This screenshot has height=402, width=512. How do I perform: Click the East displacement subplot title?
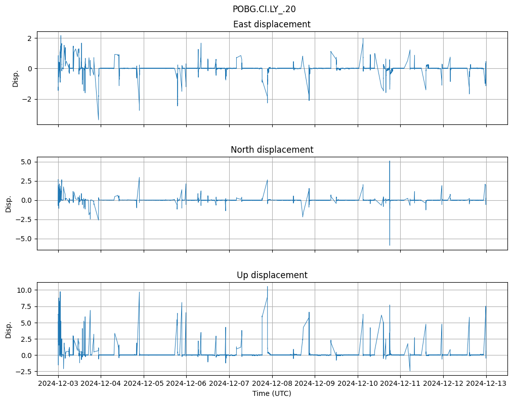pyautogui.click(x=272, y=24)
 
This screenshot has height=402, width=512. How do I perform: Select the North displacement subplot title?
pyautogui.click(x=272, y=150)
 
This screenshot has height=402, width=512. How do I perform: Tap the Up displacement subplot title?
pyautogui.click(x=272, y=275)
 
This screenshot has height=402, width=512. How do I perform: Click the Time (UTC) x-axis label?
pyautogui.click(x=272, y=393)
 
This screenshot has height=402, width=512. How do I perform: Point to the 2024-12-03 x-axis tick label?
pyautogui.click(x=58, y=383)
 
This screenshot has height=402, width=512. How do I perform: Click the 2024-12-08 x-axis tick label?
pyautogui.click(x=272, y=383)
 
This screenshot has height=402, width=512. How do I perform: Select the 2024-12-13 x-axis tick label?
pyautogui.click(x=486, y=383)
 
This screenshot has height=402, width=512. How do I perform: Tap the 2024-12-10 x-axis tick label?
pyautogui.click(x=358, y=383)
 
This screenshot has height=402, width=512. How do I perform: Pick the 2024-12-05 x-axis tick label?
pyautogui.click(x=144, y=383)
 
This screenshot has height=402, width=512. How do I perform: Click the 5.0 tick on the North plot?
pyautogui.click(x=26, y=162)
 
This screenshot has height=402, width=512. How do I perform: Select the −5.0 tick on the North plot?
pyautogui.click(x=24, y=239)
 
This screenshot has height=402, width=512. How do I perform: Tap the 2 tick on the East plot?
pyautogui.click(x=30, y=38)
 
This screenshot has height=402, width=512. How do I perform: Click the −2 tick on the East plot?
pyautogui.click(x=27, y=100)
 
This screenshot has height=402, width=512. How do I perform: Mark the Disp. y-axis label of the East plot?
pyautogui.click(x=16, y=78)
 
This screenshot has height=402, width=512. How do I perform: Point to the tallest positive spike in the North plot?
pyautogui.click(x=390, y=161)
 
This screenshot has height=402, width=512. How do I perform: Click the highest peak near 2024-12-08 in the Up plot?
pyautogui.click(x=268, y=287)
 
